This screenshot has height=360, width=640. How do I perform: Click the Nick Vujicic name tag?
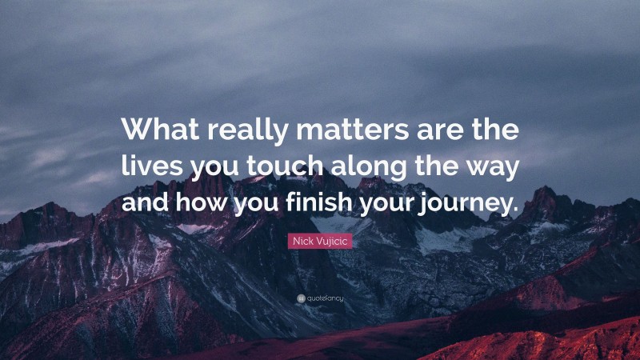pyautogui.click(x=319, y=240)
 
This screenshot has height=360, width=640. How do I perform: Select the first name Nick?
pyautogui.click(x=302, y=240)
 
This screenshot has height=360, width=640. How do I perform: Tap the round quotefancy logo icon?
pyautogui.click(x=299, y=298)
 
